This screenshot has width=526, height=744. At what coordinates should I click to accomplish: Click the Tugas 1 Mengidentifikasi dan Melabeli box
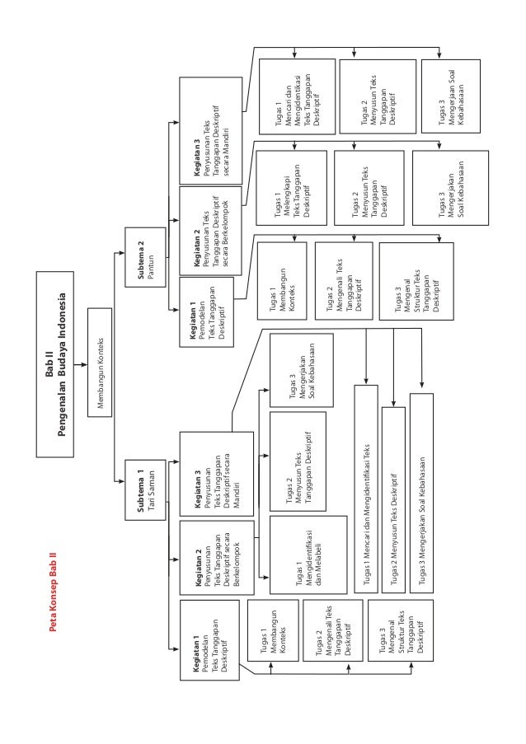click(308, 559)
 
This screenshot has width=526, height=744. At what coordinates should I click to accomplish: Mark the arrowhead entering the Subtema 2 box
click(121, 256)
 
